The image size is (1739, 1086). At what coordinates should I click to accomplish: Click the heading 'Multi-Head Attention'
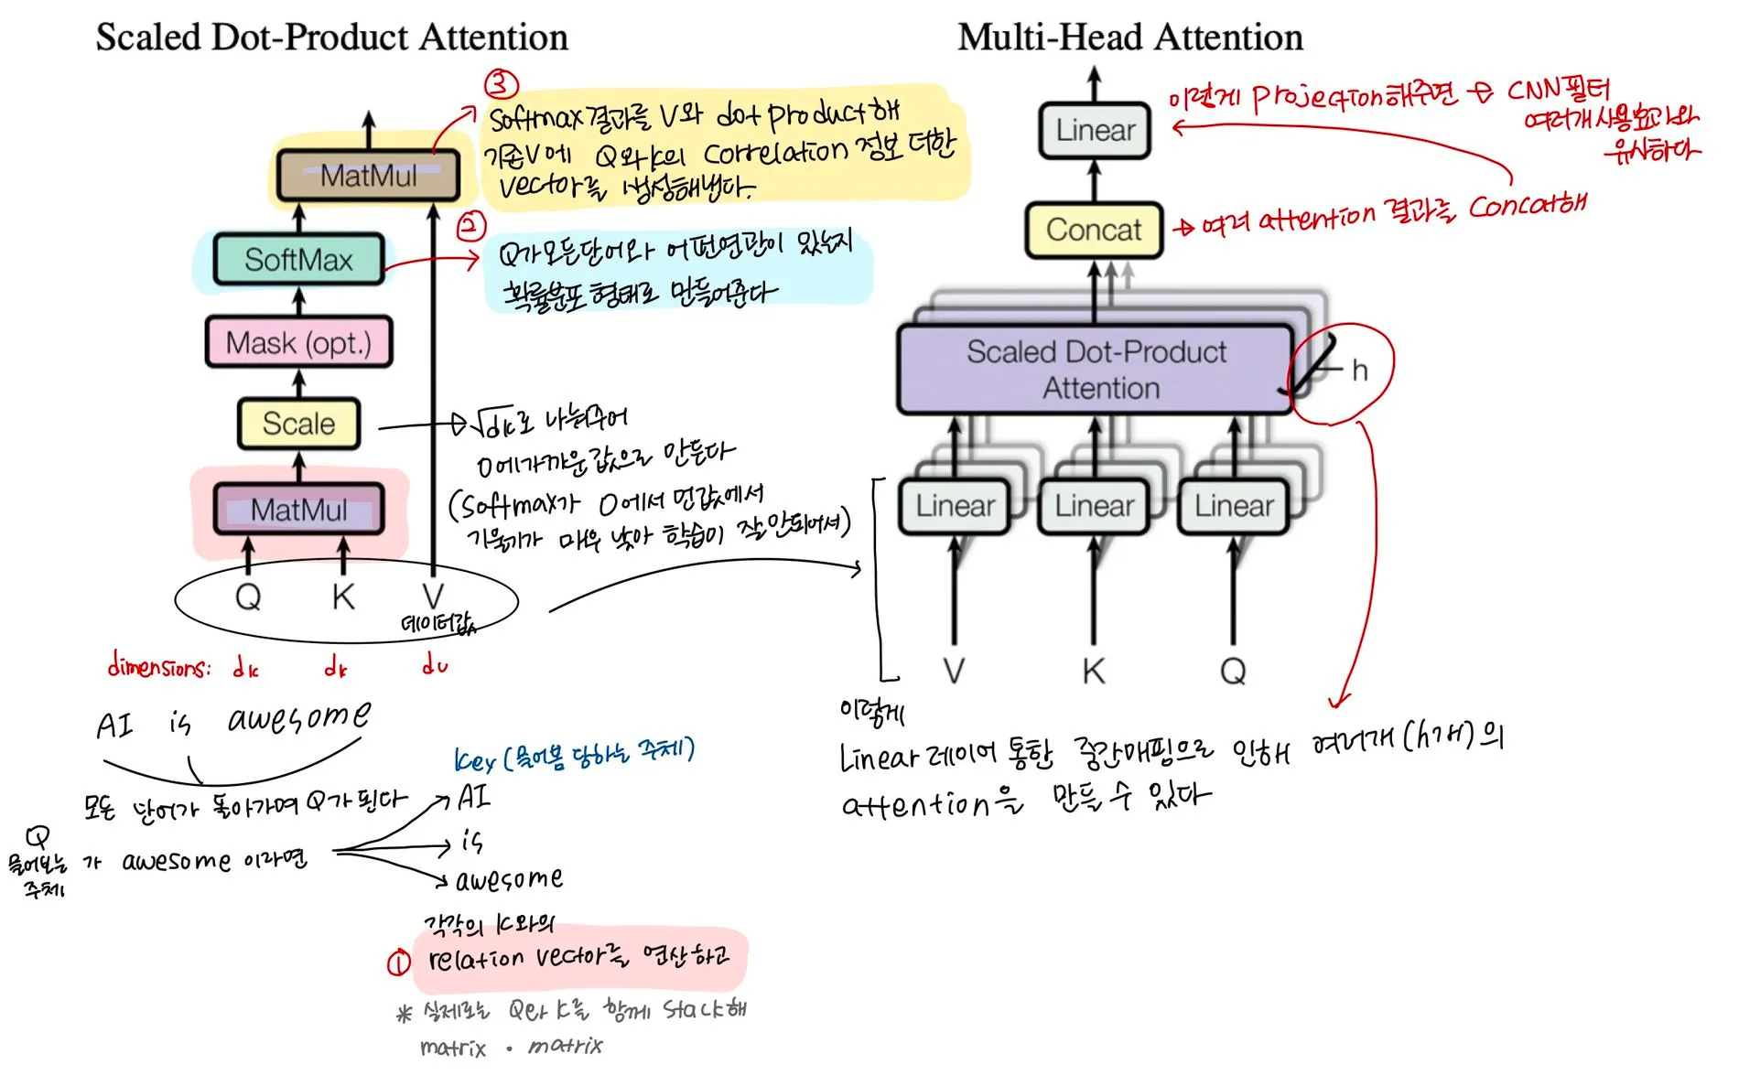tap(1129, 38)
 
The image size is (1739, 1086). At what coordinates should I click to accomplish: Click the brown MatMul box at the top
tap(368, 175)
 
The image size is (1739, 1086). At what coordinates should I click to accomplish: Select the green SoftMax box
tap(298, 260)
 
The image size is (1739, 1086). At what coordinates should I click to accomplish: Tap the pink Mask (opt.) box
tap(298, 343)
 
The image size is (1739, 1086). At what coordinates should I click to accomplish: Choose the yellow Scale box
tap(298, 424)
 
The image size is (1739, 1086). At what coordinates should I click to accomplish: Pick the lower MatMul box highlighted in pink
tap(298, 510)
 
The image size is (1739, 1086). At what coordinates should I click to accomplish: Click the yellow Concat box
tap(1094, 230)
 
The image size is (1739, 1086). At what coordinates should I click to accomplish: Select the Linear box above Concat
tap(1095, 130)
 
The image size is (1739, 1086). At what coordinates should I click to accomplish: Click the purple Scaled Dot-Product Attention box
tap(1096, 370)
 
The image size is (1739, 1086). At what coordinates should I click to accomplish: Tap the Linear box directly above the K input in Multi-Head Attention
tap(1094, 506)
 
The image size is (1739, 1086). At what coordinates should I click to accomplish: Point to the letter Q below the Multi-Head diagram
tap(1233, 671)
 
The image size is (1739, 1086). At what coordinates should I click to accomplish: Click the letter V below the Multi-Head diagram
tap(954, 671)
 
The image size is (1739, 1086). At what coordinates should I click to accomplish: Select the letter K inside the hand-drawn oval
tap(343, 597)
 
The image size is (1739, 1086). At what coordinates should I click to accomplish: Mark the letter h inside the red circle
tap(1360, 371)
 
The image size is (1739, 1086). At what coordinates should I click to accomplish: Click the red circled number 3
tap(502, 84)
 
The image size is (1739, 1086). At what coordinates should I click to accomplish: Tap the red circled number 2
tap(471, 225)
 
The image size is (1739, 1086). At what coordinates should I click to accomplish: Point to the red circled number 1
tap(398, 962)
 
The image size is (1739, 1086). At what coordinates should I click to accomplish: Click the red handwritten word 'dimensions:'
tap(158, 666)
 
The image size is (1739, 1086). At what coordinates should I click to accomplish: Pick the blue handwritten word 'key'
tap(474, 761)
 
